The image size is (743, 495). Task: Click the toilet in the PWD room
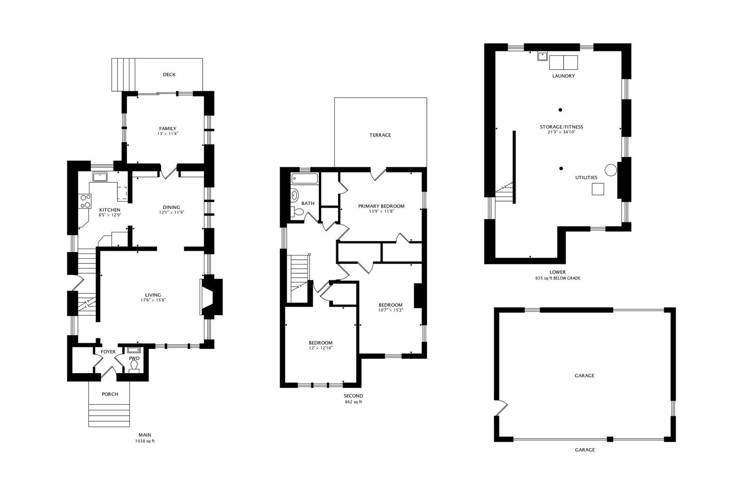[134, 365]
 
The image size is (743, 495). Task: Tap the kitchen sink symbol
[100, 176]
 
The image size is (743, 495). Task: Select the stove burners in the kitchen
[86, 201]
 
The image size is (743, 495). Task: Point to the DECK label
[169, 75]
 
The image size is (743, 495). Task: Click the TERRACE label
[380, 135]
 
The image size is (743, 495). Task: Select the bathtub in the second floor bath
[305, 178]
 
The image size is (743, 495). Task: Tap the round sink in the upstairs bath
[294, 195]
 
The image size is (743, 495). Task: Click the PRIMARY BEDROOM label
[381, 206]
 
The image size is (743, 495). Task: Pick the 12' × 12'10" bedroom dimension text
[320, 348]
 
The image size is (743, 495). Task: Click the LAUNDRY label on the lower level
[563, 76]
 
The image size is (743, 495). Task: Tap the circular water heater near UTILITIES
[610, 170]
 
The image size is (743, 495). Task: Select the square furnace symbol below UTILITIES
[598, 189]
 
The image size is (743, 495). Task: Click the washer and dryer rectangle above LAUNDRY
[564, 62]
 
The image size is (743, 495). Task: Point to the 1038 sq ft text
[145, 441]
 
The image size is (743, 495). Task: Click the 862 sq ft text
[353, 402]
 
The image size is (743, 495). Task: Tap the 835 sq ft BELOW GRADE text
[557, 278]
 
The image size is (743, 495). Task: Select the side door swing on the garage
[502, 406]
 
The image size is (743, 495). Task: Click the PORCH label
[110, 394]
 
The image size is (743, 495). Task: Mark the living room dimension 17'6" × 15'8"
[153, 300]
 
